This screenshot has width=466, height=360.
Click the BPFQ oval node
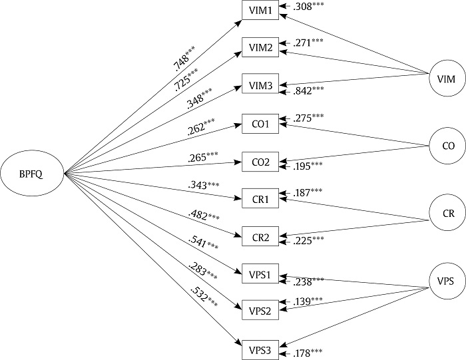pos(31,174)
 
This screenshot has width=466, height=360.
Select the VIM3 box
pos(259,87)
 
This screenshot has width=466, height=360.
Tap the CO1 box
pos(259,124)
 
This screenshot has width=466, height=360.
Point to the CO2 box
pos(259,162)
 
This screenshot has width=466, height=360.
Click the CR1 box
pos(259,199)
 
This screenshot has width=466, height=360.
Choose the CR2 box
pos(259,238)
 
